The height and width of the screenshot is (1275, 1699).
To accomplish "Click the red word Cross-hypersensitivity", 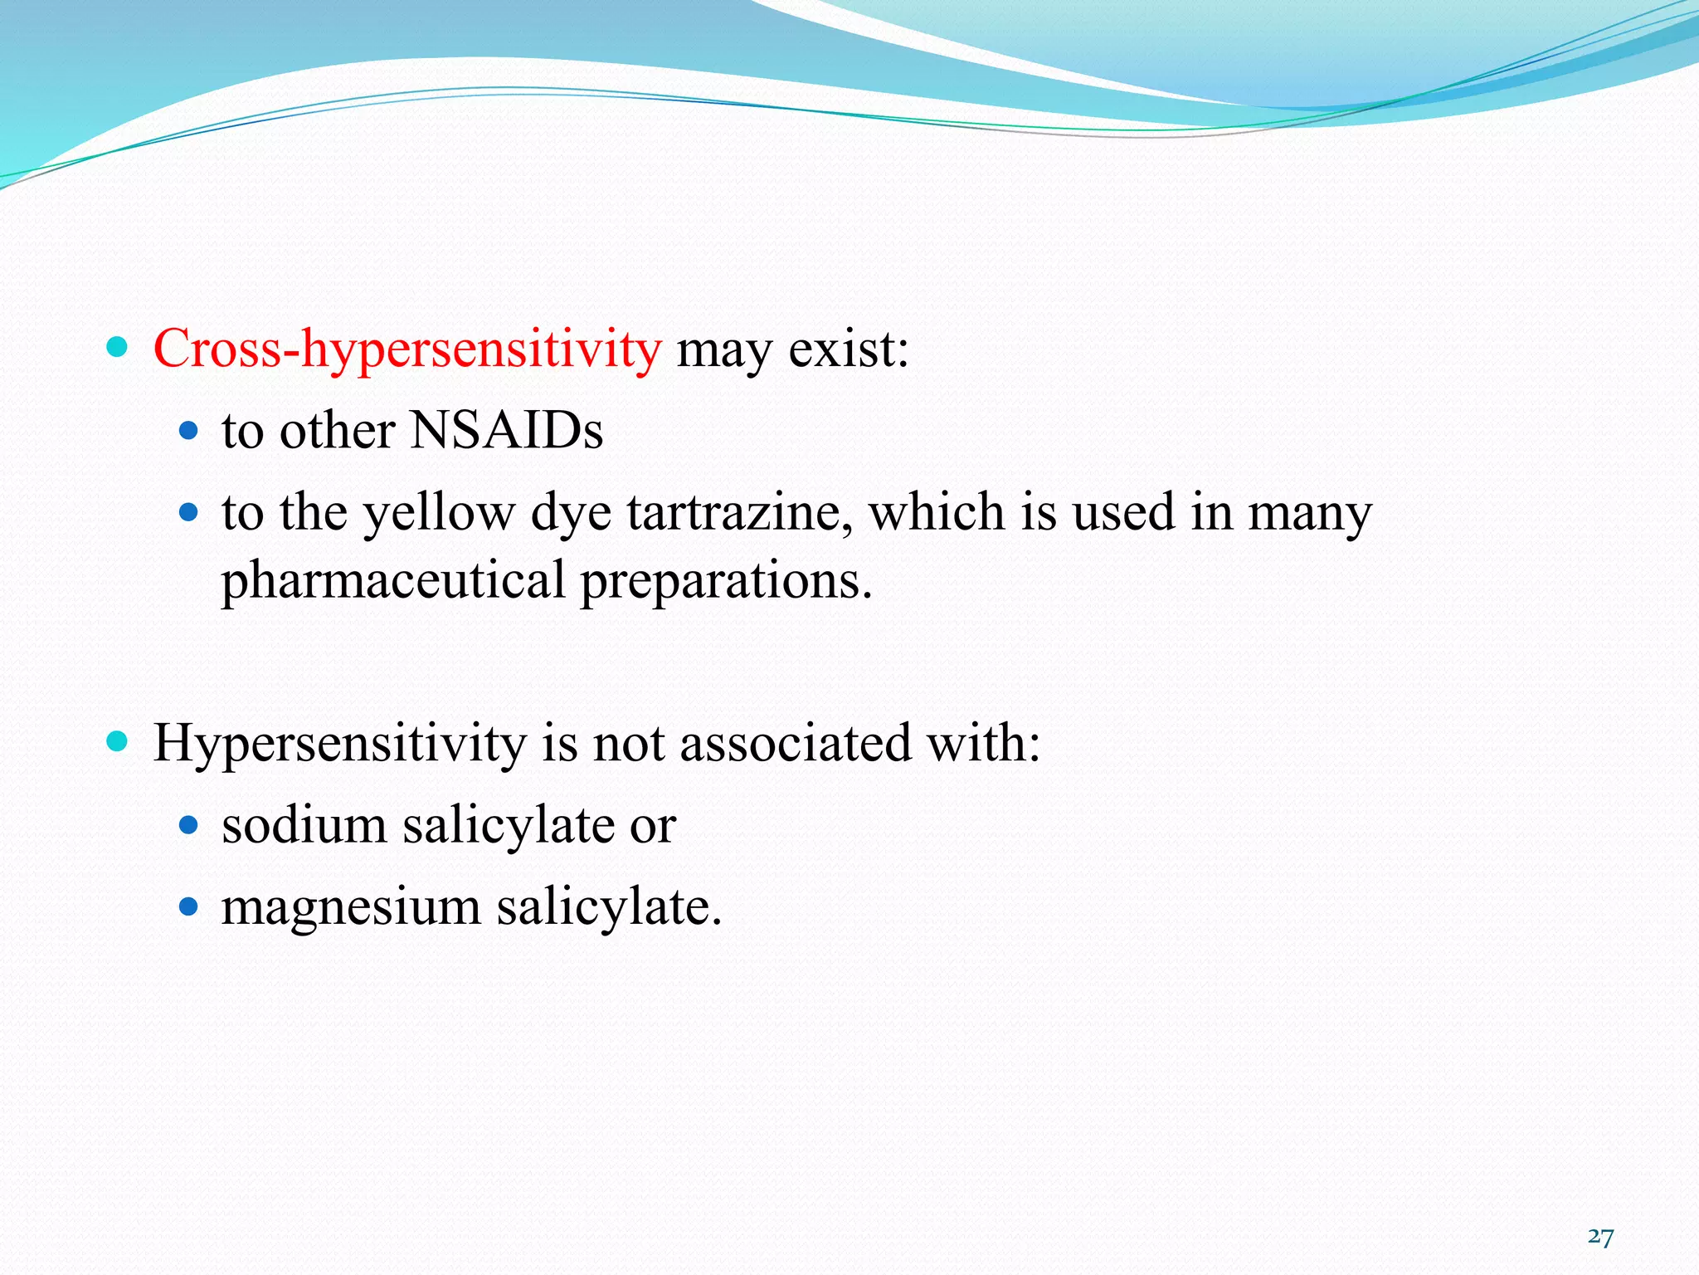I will (x=406, y=349).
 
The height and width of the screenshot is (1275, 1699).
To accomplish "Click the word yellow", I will (x=439, y=513).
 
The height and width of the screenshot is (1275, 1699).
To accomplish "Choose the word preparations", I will (x=726, y=581).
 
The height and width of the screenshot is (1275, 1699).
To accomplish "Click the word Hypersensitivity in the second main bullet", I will (x=339, y=743).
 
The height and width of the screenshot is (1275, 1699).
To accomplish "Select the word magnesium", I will (x=351, y=907).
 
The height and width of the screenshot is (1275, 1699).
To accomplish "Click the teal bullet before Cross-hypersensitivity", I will (x=118, y=346).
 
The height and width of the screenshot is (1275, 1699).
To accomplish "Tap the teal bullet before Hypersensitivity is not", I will (x=118, y=740).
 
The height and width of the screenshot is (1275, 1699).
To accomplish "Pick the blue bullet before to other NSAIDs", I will (x=189, y=430).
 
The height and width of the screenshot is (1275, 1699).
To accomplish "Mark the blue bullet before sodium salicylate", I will (x=189, y=825).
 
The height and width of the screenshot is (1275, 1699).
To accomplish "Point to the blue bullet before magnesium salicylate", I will (x=189, y=906).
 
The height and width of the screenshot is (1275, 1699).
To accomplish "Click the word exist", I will (x=847, y=349).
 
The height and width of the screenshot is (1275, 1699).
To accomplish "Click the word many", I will (x=1310, y=513).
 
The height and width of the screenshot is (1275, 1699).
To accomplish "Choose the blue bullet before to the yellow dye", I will (x=189, y=512).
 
